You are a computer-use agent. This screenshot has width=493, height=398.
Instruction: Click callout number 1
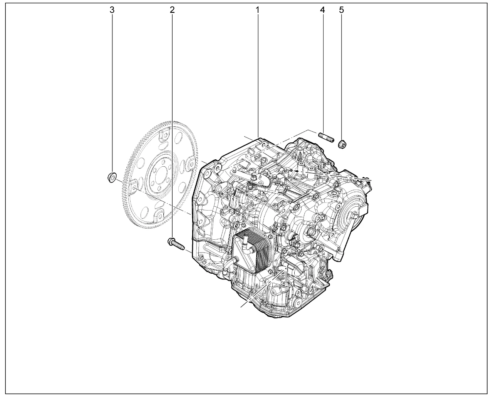[x=257, y=10]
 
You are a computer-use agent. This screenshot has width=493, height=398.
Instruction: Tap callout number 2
[x=172, y=10]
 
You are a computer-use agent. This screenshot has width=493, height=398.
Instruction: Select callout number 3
[x=112, y=10]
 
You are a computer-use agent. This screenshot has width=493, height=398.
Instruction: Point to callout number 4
[x=322, y=10]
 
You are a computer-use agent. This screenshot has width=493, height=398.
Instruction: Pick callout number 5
[x=341, y=10]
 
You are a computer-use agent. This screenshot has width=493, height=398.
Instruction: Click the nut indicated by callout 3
[x=112, y=177]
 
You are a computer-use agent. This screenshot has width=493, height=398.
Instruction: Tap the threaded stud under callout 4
[x=326, y=137]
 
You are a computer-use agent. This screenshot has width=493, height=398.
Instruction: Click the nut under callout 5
[x=342, y=144]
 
